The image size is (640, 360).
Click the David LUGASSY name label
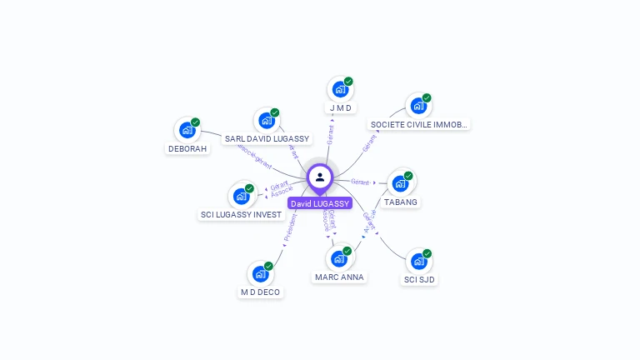pos(320,203)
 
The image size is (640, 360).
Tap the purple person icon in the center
pos(320,177)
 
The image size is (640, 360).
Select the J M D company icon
pos(339,89)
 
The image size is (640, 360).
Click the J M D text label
pos(340,108)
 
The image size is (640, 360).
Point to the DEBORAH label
pos(187,149)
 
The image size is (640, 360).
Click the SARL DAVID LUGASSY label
pos(267,139)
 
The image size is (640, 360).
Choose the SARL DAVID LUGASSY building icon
pos(267,121)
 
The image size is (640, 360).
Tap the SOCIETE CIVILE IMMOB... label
pos(419,125)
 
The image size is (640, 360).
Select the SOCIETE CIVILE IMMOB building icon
pos(417,107)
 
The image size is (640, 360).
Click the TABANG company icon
pos(400,183)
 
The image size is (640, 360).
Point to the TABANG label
pos(401,202)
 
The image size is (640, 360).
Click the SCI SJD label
pos(419,279)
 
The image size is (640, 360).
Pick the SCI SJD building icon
pos(418,262)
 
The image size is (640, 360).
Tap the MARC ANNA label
pos(339,277)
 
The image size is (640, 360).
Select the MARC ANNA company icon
pos(339,258)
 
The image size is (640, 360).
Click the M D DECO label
pos(260,292)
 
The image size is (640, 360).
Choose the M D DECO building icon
pos(260,273)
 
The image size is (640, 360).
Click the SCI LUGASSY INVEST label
pos(241,214)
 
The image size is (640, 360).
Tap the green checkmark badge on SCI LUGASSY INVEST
pos(249,188)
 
